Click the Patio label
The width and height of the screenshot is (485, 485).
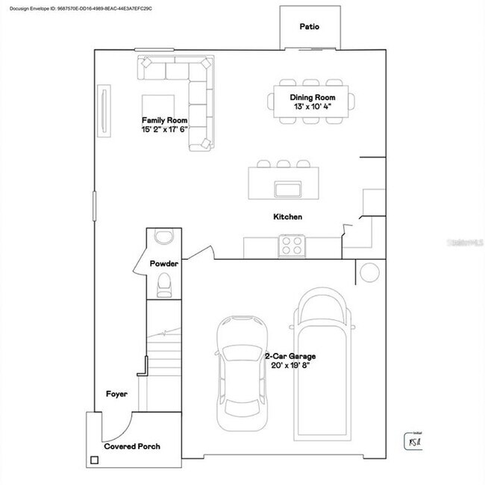pyautogui.click(x=310, y=26)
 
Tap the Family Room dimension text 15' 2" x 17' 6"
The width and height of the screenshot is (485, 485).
pyautogui.click(x=165, y=129)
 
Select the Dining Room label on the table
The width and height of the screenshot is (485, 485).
pyautogui.click(x=313, y=98)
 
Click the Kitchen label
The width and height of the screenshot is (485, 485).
pyautogui.click(x=287, y=217)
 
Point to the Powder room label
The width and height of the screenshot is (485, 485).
pyautogui.click(x=163, y=263)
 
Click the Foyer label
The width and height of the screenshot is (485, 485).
pyautogui.click(x=116, y=393)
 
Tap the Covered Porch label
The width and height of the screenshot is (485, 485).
pyautogui.click(x=132, y=446)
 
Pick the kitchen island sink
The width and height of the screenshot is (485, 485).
pyautogui.click(x=287, y=187)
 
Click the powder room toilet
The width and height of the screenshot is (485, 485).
pyautogui.click(x=164, y=286)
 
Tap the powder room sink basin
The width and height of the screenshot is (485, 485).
pyautogui.click(x=163, y=237)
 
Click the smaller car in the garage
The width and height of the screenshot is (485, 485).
pyautogui.click(x=242, y=372)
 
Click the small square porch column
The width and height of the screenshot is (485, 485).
pyautogui.click(x=95, y=460)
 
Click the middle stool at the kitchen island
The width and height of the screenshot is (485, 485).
pyautogui.click(x=283, y=163)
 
